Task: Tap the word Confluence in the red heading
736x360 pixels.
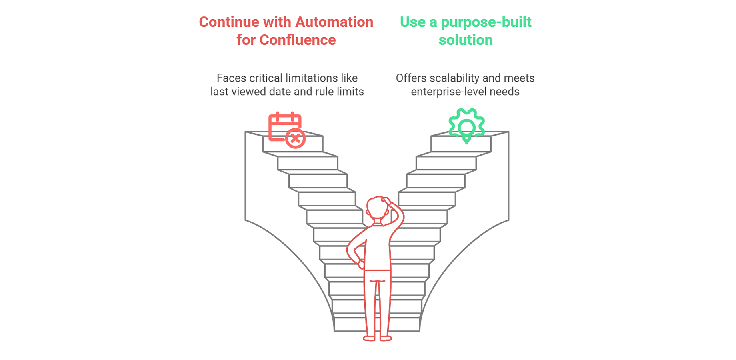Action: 298,40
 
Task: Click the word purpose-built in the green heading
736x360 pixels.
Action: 486,22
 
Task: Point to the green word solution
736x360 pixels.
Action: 466,40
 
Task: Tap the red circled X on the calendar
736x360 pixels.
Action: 296,139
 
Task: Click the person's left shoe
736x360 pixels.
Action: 369,338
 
